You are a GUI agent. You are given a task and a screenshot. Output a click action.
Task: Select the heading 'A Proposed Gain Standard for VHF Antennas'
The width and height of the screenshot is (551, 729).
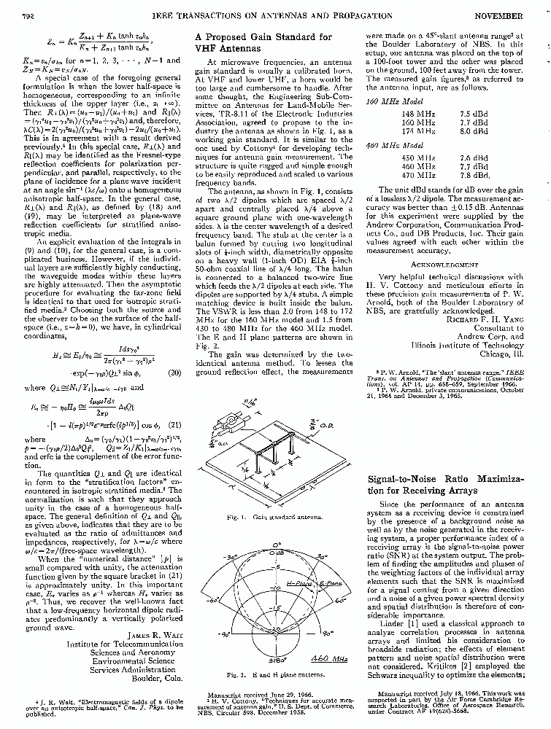pyautogui.click(x=263, y=42)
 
